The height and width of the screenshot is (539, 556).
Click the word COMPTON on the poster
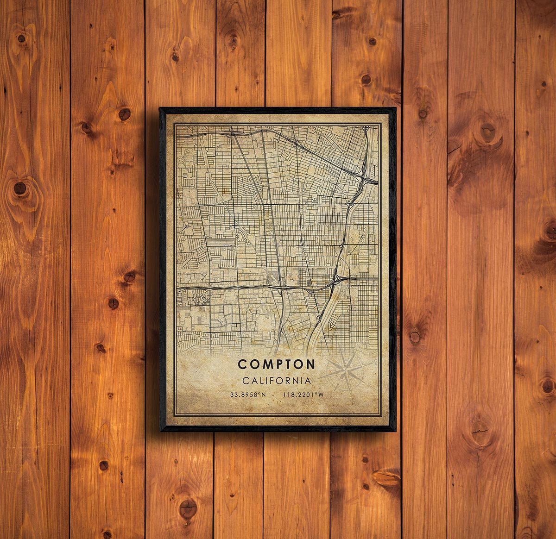tap(276, 364)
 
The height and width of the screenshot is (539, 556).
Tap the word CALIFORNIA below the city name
tap(276, 381)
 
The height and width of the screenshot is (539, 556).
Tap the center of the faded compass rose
tap(346, 370)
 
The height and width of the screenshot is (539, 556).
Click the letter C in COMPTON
tap(242, 364)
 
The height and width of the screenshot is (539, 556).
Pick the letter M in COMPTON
tap(265, 364)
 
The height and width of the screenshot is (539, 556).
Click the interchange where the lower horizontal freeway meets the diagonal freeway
tap(338, 280)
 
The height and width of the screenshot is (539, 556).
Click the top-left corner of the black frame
tap(160, 108)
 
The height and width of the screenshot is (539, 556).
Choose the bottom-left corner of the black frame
tap(160, 431)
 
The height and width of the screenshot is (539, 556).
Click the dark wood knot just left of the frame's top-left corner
tap(124, 113)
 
